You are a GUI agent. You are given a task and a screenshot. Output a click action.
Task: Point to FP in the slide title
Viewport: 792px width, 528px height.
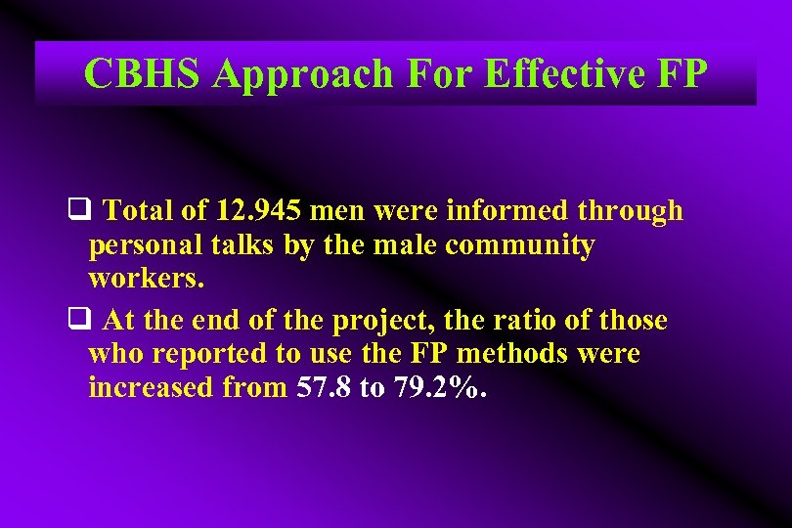pyautogui.click(x=681, y=73)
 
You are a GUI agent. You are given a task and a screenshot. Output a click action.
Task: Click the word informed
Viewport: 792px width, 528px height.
pyautogui.click(x=506, y=210)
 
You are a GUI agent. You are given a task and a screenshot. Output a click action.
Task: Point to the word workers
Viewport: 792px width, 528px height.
pyautogui.click(x=147, y=279)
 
